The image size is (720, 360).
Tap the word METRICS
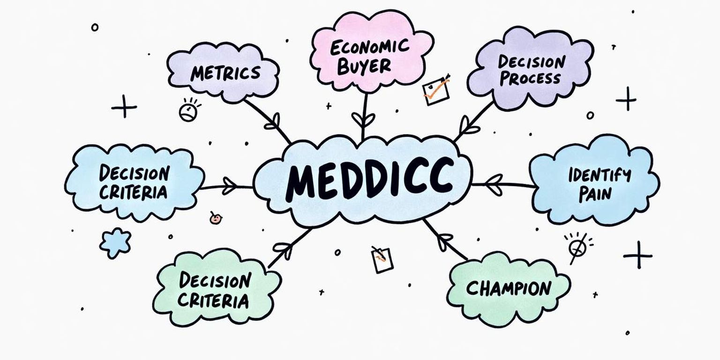(x=225, y=74)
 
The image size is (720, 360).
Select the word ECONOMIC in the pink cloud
(x=369, y=47)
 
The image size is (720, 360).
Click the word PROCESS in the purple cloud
(x=530, y=78)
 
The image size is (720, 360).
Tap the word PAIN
(x=595, y=194)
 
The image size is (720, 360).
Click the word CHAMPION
(x=509, y=288)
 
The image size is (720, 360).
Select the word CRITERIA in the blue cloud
(x=133, y=192)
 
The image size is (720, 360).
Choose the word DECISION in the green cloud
(x=215, y=281)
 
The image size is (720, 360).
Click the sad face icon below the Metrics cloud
(x=188, y=111)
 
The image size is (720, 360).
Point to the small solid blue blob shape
(x=115, y=242)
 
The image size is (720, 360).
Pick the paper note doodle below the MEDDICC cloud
(x=382, y=259)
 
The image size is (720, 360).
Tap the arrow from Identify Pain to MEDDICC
(x=502, y=184)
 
